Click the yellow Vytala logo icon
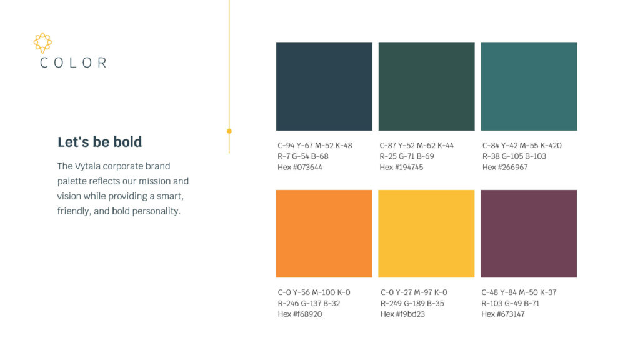click(42, 42)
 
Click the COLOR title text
click(73, 62)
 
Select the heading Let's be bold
click(99, 142)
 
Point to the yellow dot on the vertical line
click(229, 131)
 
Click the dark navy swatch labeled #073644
click(324, 86)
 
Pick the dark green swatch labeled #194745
click(426, 86)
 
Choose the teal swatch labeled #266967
click(529, 86)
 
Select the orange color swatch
click(324, 234)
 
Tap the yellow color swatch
click(426, 234)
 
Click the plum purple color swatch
click(529, 234)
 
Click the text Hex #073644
click(300, 167)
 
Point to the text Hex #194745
click(402, 167)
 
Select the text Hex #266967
click(505, 167)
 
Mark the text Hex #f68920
click(300, 314)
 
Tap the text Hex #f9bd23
click(402, 314)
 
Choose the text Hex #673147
click(503, 314)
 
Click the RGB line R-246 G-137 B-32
click(309, 304)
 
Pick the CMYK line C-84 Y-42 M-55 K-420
click(522, 146)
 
